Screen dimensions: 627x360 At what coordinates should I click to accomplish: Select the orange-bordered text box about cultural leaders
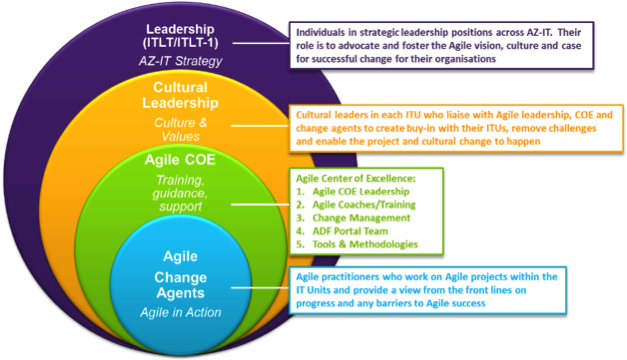[x=456, y=128]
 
